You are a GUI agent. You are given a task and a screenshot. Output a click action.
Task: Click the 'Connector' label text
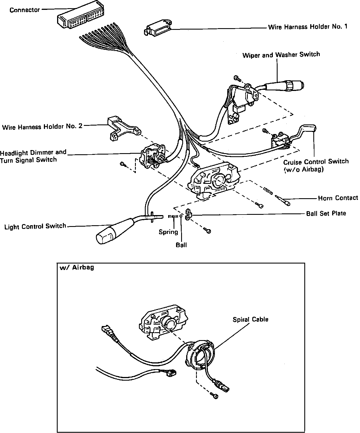(25, 10)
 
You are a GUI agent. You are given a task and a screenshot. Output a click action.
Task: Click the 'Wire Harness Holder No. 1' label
(308, 27)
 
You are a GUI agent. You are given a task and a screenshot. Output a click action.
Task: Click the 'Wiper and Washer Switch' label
(281, 55)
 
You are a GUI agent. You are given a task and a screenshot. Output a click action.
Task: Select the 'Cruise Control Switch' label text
(316, 162)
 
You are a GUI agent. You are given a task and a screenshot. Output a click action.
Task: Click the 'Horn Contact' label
(338, 198)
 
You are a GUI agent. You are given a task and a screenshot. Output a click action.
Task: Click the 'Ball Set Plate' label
(326, 213)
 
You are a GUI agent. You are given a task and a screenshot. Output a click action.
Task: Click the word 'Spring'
(168, 232)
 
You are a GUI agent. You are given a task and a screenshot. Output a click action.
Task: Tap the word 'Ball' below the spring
(181, 245)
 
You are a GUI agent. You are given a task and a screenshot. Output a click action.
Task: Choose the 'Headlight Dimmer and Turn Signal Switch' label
(33, 156)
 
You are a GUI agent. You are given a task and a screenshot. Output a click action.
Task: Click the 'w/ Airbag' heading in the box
(77, 267)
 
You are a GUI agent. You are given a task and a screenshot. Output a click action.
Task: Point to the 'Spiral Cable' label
(250, 320)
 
